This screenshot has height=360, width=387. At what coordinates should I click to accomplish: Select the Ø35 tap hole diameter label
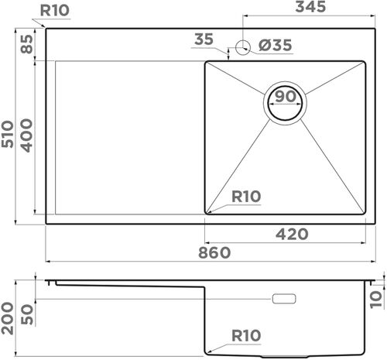(x=275, y=46)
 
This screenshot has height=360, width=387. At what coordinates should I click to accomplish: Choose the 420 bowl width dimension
(x=293, y=234)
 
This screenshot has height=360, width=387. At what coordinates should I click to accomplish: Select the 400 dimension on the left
(x=26, y=134)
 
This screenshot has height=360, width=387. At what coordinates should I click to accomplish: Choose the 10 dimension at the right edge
(x=376, y=297)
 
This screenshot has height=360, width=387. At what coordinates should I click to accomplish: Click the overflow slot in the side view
(x=284, y=297)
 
